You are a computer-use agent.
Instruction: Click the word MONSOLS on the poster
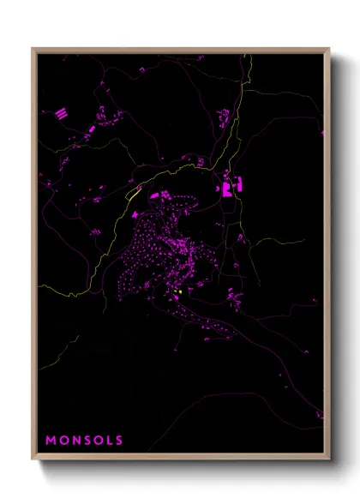[x=84, y=441]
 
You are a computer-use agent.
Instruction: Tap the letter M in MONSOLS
[x=51, y=441]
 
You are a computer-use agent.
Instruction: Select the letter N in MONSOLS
[x=74, y=441]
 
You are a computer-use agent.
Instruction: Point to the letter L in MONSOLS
[x=108, y=441]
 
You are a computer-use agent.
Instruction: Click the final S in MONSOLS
[x=118, y=441]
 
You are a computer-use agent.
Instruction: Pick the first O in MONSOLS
[x=62, y=441]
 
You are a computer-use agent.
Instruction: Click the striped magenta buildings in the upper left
[x=62, y=112]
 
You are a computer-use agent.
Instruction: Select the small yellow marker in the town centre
[x=180, y=294]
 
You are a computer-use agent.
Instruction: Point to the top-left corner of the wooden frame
[x=33, y=49]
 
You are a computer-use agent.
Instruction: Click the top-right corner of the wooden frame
[x=329, y=49]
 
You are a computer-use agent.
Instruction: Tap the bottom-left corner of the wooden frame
[x=33, y=460]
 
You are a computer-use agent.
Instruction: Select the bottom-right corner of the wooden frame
[x=329, y=460]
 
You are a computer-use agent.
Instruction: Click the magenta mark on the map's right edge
[x=322, y=133]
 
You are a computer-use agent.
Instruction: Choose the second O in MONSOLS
[x=97, y=441]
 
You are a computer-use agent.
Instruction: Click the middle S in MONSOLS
[x=86, y=441]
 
